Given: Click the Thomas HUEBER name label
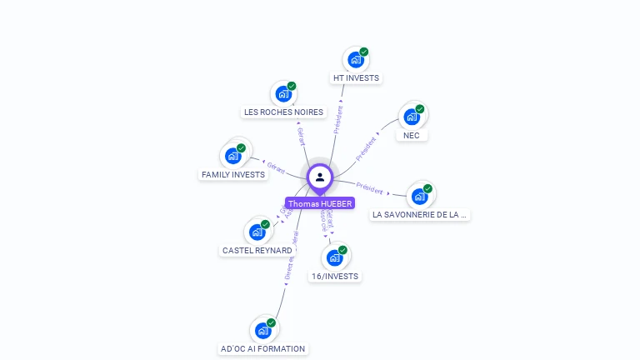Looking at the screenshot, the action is pos(320,203).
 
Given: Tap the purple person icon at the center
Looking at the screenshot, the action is pos(320,177).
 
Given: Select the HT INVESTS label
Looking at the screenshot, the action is pos(356,78).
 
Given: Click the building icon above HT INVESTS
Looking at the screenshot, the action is pos(356,60).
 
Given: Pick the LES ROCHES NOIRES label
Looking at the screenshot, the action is pos(283,112).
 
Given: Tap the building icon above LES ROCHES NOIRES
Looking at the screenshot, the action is pos(283,94).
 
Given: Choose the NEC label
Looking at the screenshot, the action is pos(411,135).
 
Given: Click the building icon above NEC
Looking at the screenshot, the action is pos(412,117).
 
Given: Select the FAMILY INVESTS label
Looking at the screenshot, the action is pos(233,175).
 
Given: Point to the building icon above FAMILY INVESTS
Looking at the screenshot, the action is pos(233,156).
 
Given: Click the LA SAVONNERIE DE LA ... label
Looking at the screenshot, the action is pos(420,214).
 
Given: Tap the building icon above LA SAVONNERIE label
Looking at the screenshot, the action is pos(419,196).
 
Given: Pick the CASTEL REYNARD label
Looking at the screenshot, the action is pos(257,250).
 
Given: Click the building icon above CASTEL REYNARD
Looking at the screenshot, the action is pos(257,232).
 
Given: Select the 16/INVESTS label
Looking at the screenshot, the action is pos(335,276).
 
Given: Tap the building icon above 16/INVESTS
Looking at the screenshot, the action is pos(335,257).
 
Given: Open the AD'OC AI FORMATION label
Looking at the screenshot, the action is pos(263,348).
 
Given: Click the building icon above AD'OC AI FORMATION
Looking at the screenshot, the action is pos(263,330).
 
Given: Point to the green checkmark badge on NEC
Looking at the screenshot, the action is pos(420,109).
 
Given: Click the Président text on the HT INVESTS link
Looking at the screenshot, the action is pos(339,117).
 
